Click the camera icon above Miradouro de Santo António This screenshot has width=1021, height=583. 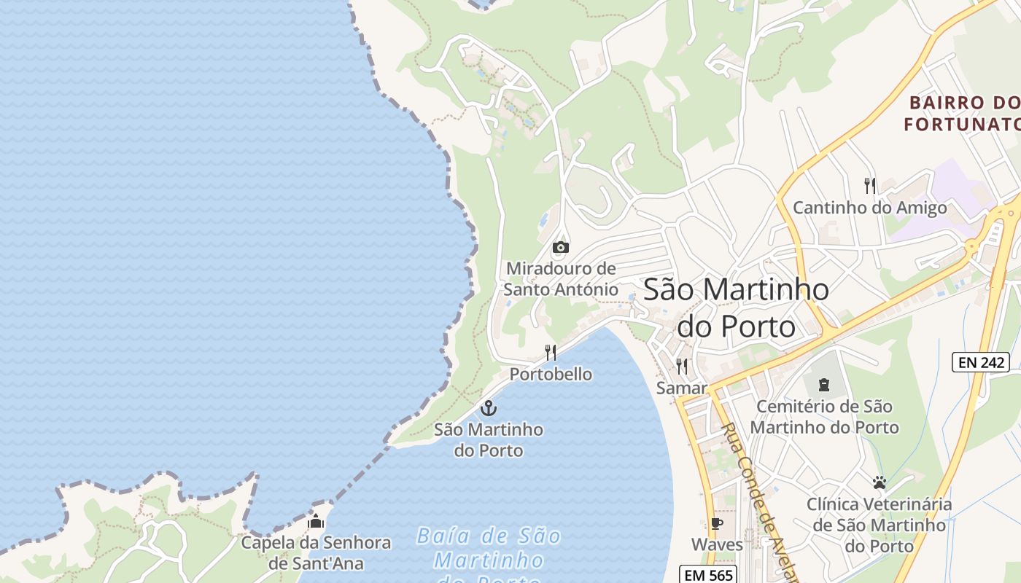(x=560, y=247)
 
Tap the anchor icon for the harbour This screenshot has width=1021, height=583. (x=488, y=408)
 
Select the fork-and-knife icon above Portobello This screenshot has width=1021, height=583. (x=551, y=353)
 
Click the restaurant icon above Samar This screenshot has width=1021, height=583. (x=682, y=366)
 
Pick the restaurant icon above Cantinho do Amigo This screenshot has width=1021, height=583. (x=869, y=186)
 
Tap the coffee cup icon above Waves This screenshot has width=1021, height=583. (x=717, y=523)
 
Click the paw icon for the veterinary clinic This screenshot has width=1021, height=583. (x=879, y=482)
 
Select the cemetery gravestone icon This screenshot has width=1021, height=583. (x=824, y=384)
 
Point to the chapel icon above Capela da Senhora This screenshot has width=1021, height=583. (x=316, y=521)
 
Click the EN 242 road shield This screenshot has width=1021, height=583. (x=980, y=362)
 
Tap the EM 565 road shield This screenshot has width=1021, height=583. (x=708, y=574)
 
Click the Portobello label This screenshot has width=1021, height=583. (x=551, y=375)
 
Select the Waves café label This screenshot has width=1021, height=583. (x=717, y=544)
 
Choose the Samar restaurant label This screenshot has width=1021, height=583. (x=682, y=388)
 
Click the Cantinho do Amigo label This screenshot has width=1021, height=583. (x=869, y=208)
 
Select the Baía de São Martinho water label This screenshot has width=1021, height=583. (x=489, y=557)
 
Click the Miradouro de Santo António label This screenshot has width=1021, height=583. (x=561, y=278)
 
